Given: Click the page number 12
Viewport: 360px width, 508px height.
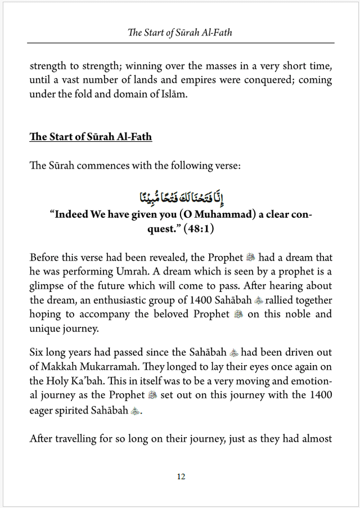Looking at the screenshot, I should click(181, 476).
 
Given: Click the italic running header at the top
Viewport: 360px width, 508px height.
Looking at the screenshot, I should click(180, 32).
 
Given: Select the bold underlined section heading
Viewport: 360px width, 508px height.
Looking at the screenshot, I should click(91, 137).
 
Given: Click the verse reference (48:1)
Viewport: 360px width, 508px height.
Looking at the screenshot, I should click(196, 230).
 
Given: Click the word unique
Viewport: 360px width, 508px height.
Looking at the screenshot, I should click(44, 328).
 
